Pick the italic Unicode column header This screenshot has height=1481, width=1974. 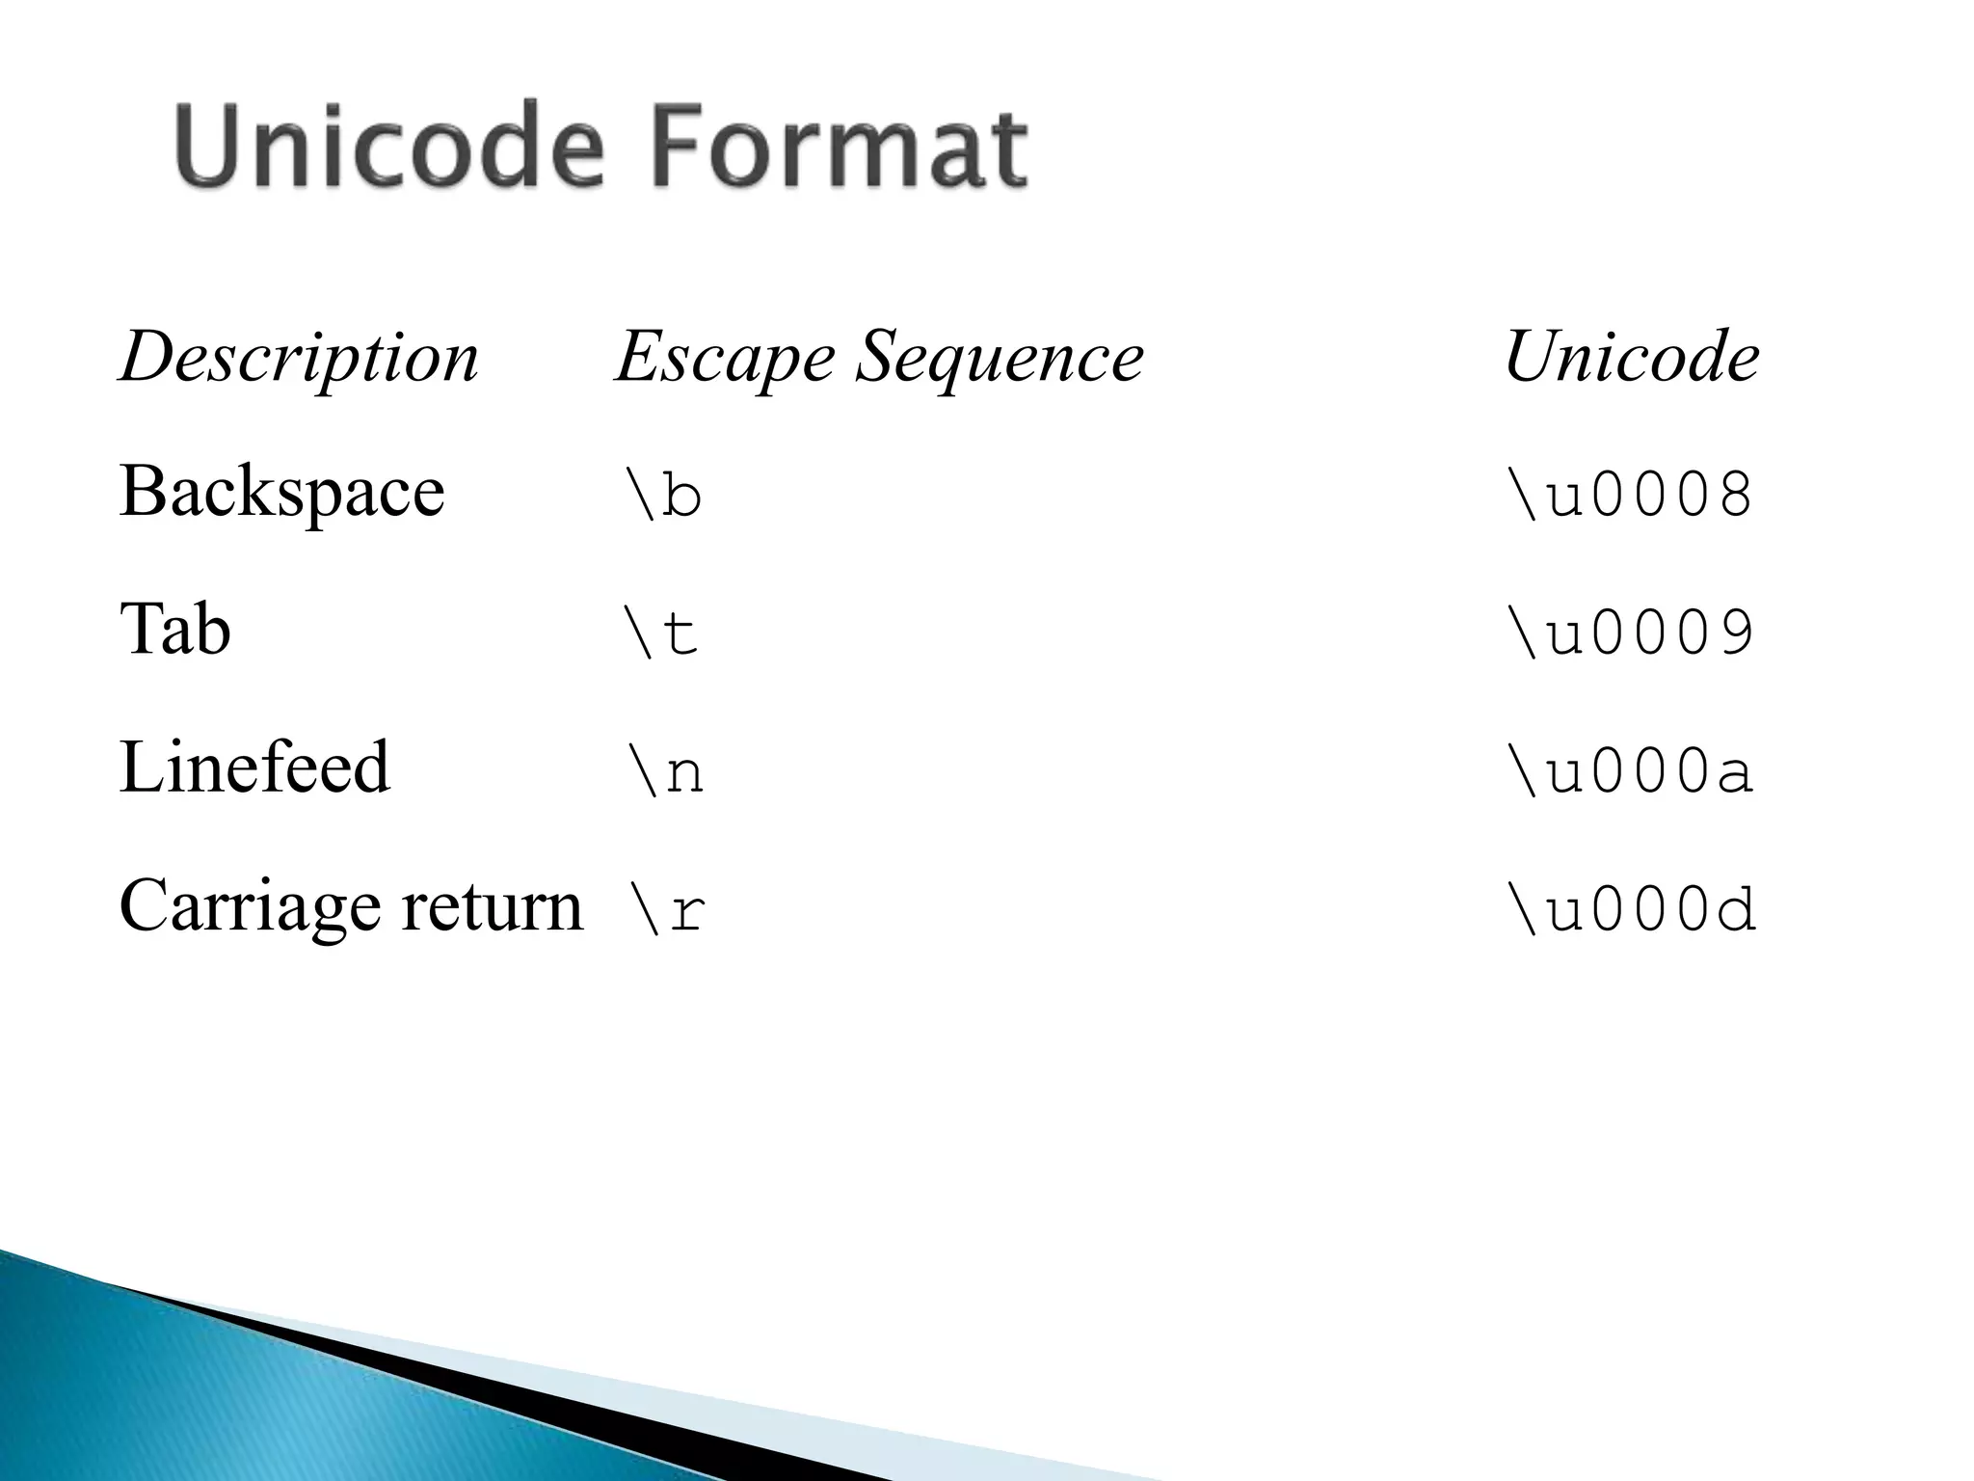pos(1631,357)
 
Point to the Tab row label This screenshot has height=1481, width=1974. pos(174,629)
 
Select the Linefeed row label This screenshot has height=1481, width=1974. pos(254,767)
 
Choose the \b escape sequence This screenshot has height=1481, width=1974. pos(663,496)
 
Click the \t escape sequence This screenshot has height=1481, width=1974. pos(661,633)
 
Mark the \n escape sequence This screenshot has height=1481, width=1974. pos(664,771)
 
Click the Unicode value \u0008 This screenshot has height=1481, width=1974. pos(1630,496)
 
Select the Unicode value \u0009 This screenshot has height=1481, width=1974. pos(1630,633)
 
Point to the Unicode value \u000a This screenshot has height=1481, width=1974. pos(1630,771)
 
